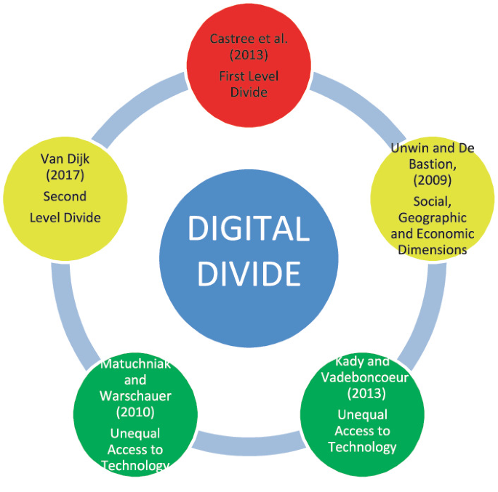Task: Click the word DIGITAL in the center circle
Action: [x=249, y=230]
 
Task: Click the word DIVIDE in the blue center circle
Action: [x=249, y=274]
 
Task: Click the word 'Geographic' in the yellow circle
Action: [x=433, y=218]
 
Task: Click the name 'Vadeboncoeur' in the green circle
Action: [x=362, y=378]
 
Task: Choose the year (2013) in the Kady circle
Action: [x=362, y=395]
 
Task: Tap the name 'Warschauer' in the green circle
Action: [x=135, y=396]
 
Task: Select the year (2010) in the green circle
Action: [x=135, y=413]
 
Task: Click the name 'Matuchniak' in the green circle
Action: [x=135, y=364]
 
